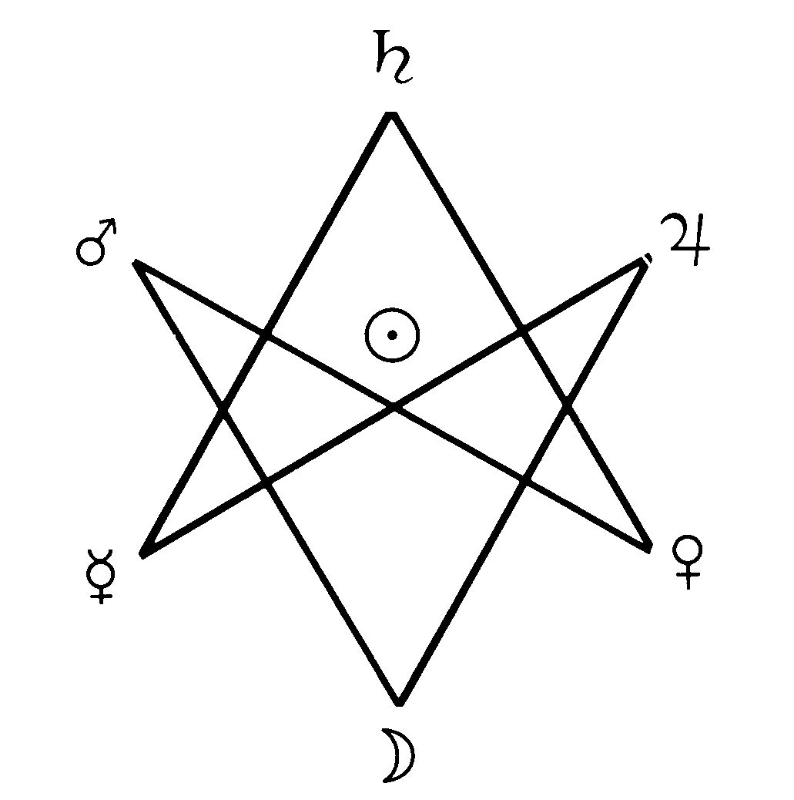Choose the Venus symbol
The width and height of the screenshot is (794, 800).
click(x=688, y=562)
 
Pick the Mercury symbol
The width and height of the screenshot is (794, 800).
click(x=101, y=576)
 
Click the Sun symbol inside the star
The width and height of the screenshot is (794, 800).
click(x=392, y=335)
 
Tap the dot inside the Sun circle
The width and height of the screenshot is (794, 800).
click(x=392, y=335)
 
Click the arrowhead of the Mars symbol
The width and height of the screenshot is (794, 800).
click(x=109, y=226)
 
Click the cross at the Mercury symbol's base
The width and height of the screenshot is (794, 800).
click(x=101, y=593)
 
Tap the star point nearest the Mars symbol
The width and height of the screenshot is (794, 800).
click(x=135, y=262)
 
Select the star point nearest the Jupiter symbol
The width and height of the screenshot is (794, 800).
click(x=645, y=260)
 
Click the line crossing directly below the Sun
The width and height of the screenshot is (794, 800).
click(x=394, y=407)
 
